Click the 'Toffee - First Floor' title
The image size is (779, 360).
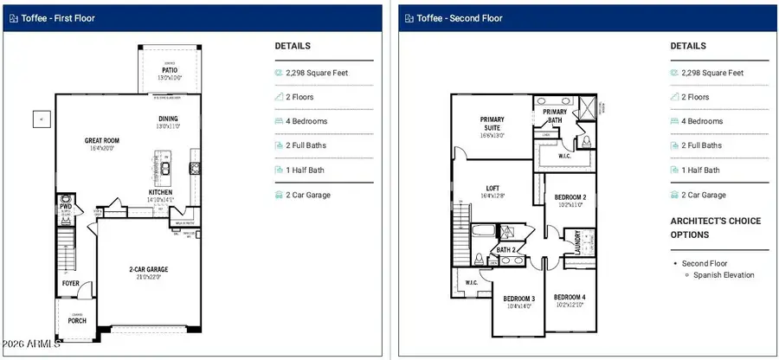pos(58,17)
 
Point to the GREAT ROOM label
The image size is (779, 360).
pos(101,139)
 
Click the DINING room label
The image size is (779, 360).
pos(168,119)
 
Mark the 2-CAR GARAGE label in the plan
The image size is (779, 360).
pos(143,270)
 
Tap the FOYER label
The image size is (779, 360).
pos(70,283)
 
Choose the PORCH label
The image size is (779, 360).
pos(77,320)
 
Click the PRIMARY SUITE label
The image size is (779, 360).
pos(493,125)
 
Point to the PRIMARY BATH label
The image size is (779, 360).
pos(555,117)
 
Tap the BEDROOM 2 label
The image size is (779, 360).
pos(570,197)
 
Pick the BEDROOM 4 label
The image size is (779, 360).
pos(570,297)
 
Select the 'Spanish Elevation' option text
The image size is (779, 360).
pos(723,275)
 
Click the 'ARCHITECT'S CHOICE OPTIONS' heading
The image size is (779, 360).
pos(715,228)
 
